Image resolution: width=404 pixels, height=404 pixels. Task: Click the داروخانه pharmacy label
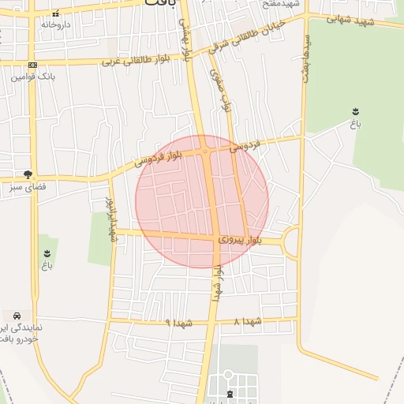click(x=56, y=25)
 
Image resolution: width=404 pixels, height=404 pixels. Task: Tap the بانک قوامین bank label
click(x=32, y=77)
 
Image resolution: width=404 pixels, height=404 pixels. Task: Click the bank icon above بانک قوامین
click(x=32, y=65)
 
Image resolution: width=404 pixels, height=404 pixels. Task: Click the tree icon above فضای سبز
click(x=28, y=174)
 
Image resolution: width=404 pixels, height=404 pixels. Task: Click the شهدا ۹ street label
click(x=179, y=323)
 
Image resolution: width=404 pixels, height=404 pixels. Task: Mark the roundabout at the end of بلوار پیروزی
click(x=292, y=241)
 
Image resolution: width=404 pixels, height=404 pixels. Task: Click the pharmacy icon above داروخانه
click(x=54, y=14)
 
